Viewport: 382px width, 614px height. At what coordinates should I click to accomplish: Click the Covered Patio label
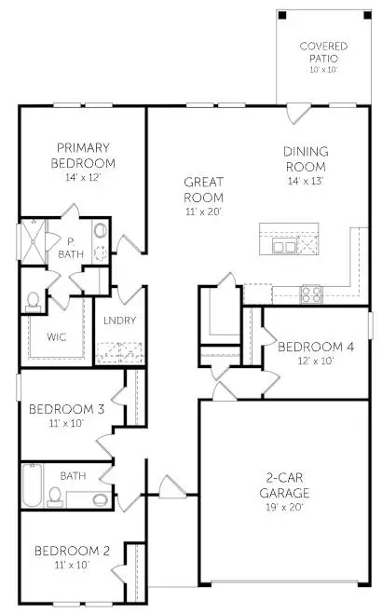[x=323, y=52]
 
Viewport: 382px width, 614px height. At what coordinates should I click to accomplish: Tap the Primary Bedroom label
[x=83, y=154]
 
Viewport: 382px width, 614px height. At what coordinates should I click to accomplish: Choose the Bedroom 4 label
[x=316, y=347]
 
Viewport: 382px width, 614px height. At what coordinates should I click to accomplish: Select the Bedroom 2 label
[x=73, y=551]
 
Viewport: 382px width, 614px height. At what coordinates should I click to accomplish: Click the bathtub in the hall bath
[x=33, y=485]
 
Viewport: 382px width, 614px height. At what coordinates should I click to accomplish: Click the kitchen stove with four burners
[x=311, y=293]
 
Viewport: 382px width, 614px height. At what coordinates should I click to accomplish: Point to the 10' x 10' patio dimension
[x=323, y=69]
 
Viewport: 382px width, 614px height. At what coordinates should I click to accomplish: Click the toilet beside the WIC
[x=34, y=300]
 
